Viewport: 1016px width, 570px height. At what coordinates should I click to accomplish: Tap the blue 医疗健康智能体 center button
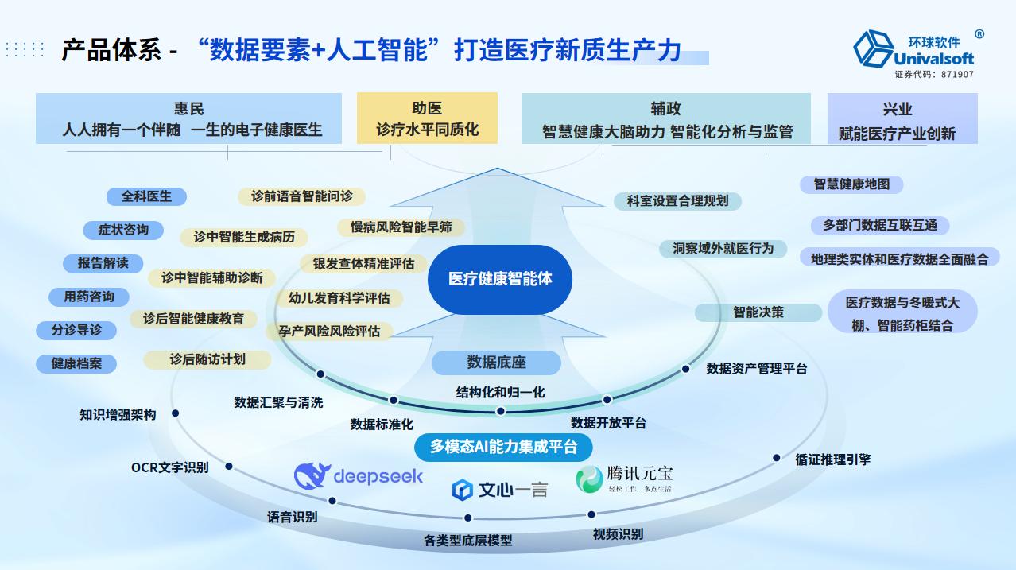tap(500, 279)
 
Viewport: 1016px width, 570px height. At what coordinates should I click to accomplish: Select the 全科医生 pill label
tap(145, 196)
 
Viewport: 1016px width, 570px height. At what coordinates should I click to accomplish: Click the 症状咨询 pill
tap(123, 230)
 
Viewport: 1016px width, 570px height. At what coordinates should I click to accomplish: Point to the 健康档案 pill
tap(76, 363)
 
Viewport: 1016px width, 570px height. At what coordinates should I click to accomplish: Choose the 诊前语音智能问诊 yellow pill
tap(301, 196)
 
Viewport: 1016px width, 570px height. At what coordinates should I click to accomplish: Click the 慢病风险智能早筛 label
tap(401, 227)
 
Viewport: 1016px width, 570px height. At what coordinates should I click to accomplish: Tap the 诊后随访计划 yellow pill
tap(207, 359)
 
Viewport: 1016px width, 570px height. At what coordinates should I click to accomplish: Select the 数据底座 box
tap(496, 363)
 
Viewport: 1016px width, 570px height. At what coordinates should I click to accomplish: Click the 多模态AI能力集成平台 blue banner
tap(504, 447)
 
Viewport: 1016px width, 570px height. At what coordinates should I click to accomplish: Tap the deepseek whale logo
tap(312, 475)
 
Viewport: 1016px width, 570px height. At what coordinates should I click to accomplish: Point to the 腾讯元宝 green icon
tap(589, 479)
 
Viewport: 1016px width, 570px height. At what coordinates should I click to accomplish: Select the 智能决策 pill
tap(758, 312)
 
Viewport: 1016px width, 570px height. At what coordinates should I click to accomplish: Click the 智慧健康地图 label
tap(851, 184)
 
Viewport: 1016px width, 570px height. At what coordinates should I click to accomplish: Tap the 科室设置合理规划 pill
tap(677, 201)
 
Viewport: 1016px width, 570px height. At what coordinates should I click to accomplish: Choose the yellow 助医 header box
tap(427, 118)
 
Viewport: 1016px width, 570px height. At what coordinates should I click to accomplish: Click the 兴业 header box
tap(902, 119)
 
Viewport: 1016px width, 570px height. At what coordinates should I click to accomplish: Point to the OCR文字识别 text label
tap(170, 467)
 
